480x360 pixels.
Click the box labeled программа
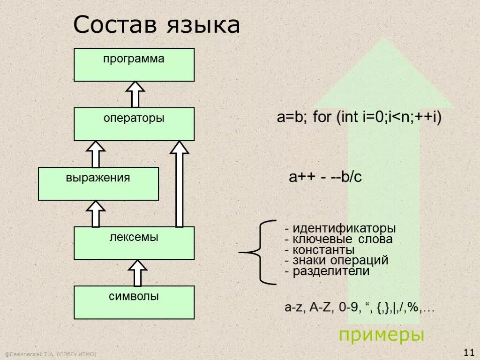tap(134, 65)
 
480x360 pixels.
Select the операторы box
tap(134, 124)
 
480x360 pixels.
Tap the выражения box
tap(98, 184)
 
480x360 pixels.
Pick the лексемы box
tap(134, 243)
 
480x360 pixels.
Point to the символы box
tap(134, 302)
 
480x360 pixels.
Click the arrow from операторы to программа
tap(135, 94)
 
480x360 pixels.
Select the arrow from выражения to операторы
tap(96, 154)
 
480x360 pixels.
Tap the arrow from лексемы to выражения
tap(96, 214)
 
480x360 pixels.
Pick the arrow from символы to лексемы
tap(137, 273)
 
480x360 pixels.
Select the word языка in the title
tap(203, 26)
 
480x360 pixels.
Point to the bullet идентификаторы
tap(340, 229)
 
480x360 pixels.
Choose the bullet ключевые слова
tap(338, 240)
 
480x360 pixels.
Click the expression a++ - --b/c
tap(325, 177)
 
